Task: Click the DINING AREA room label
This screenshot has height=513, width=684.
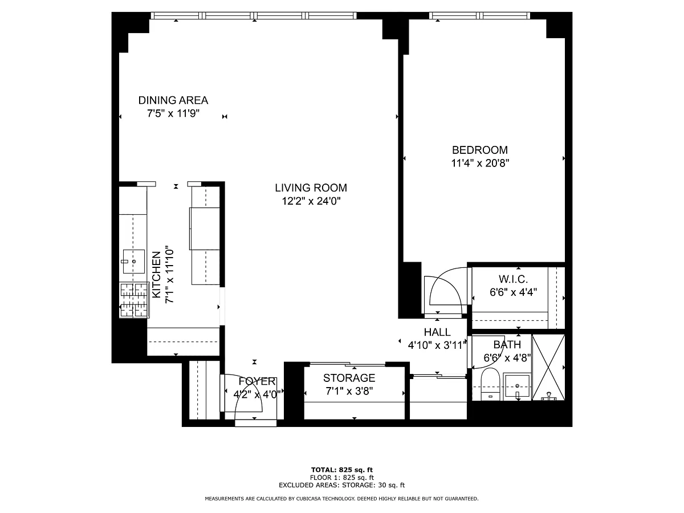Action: pyautogui.click(x=173, y=100)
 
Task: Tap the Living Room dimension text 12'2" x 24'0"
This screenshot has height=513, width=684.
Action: pyautogui.click(x=311, y=201)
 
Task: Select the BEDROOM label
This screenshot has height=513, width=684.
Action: pyautogui.click(x=480, y=150)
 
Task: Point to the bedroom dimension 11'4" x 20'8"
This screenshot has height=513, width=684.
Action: pyautogui.click(x=480, y=163)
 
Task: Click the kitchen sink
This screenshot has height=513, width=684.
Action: pyautogui.click(x=134, y=261)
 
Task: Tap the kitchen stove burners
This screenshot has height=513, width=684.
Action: pyautogui.click(x=134, y=300)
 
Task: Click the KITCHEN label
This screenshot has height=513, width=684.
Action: pyautogui.click(x=156, y=274)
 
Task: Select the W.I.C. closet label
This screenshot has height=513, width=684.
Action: pyautogui.click(x=513, y=279)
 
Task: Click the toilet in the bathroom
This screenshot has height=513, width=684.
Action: pyautogui.click(x=491, y=384)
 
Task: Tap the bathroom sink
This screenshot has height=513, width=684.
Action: pyautogui.click(x=518, y=386)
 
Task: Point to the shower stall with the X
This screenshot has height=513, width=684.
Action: pyautogui.click(x=548, y=368)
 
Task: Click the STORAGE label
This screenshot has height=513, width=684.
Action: pyautogui.click(x=349, y=378)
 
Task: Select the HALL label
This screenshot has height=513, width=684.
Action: pyautogui.click(x=437, y=332)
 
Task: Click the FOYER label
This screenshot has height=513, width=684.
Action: pyautogui.click(x=257, y=381)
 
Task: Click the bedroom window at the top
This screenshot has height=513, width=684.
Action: pyautogui.click(x=480, y=15)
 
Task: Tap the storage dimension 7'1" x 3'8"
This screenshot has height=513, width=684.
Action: pyautogui.click(x=349, y=391)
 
